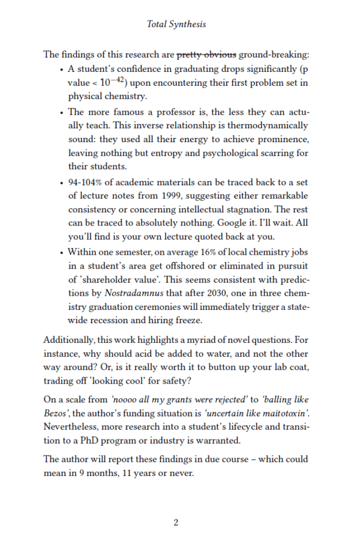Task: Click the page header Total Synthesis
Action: coord(176,25)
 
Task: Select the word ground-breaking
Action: coord(274,55)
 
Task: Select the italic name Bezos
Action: coord(57,413)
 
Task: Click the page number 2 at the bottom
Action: coord(176,522)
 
